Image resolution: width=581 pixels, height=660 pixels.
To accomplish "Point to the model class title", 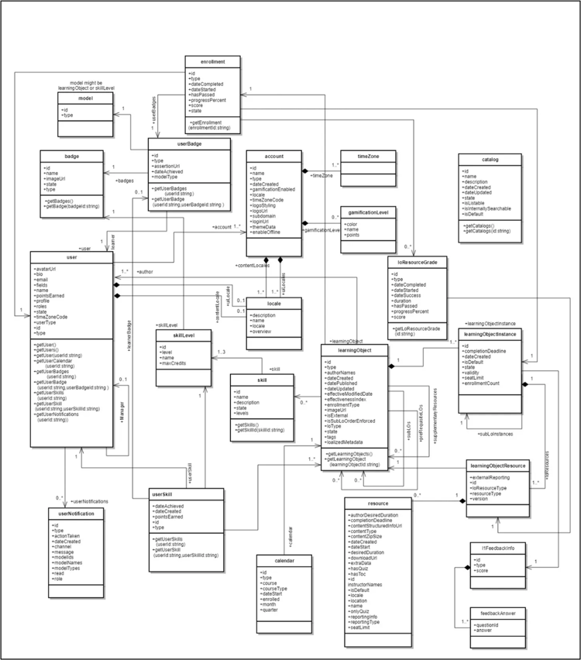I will pos(87,98).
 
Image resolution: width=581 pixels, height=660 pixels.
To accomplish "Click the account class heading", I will pos(273,156).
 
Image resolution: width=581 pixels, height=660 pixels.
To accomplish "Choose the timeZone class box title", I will pos(367,156).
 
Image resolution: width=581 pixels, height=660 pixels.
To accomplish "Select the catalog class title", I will pos(490,160).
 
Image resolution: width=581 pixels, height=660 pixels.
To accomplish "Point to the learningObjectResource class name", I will pos(498,466).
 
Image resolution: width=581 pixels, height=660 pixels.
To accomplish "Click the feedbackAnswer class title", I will pos(498,611).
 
